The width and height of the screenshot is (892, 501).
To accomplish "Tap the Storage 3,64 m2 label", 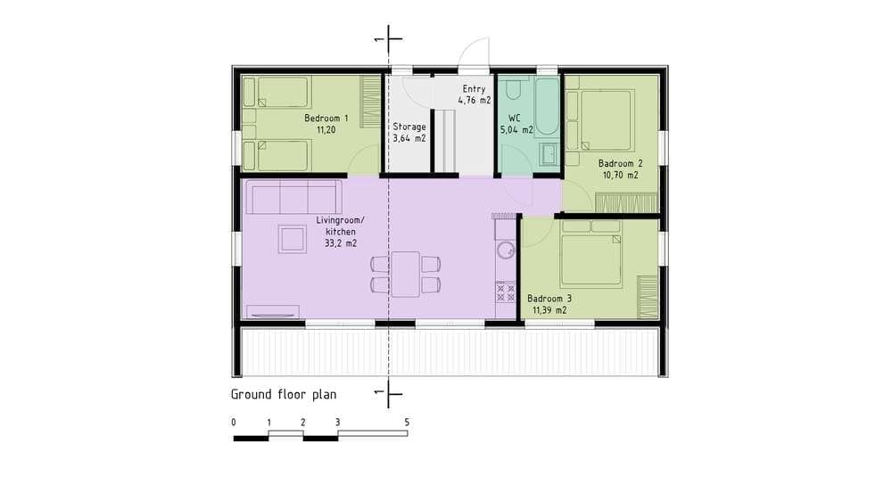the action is click(409, 132).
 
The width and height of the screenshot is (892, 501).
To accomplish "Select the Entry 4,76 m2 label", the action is click(475, 94).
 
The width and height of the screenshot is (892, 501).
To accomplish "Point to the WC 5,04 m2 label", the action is click(516, 124).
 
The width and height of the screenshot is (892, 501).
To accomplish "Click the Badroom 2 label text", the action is click(620, 163).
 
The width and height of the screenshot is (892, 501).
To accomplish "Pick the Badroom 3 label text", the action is click(549, 299).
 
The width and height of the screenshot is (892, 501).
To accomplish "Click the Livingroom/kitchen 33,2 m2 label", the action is click(340, 232).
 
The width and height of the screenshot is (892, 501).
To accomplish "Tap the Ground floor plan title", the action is click(284, 395).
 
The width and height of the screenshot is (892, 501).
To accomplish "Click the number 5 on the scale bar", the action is click(407, 423).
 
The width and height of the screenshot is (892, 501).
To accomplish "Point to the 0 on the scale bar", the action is click(233, 423).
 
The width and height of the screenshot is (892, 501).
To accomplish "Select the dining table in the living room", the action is click(405, 274).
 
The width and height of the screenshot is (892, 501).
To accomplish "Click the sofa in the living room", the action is click(293, 197).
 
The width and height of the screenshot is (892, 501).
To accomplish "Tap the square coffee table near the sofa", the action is click(293, 239).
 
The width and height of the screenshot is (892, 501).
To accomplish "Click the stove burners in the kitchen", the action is click(505, 293).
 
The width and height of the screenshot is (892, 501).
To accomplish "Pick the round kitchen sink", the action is click(505, 250).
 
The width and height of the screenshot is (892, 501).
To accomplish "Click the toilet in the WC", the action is click(513, 87).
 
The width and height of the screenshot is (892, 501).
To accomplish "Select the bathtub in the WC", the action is click(548, 106).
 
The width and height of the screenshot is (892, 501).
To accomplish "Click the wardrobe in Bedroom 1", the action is click(370, 102).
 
